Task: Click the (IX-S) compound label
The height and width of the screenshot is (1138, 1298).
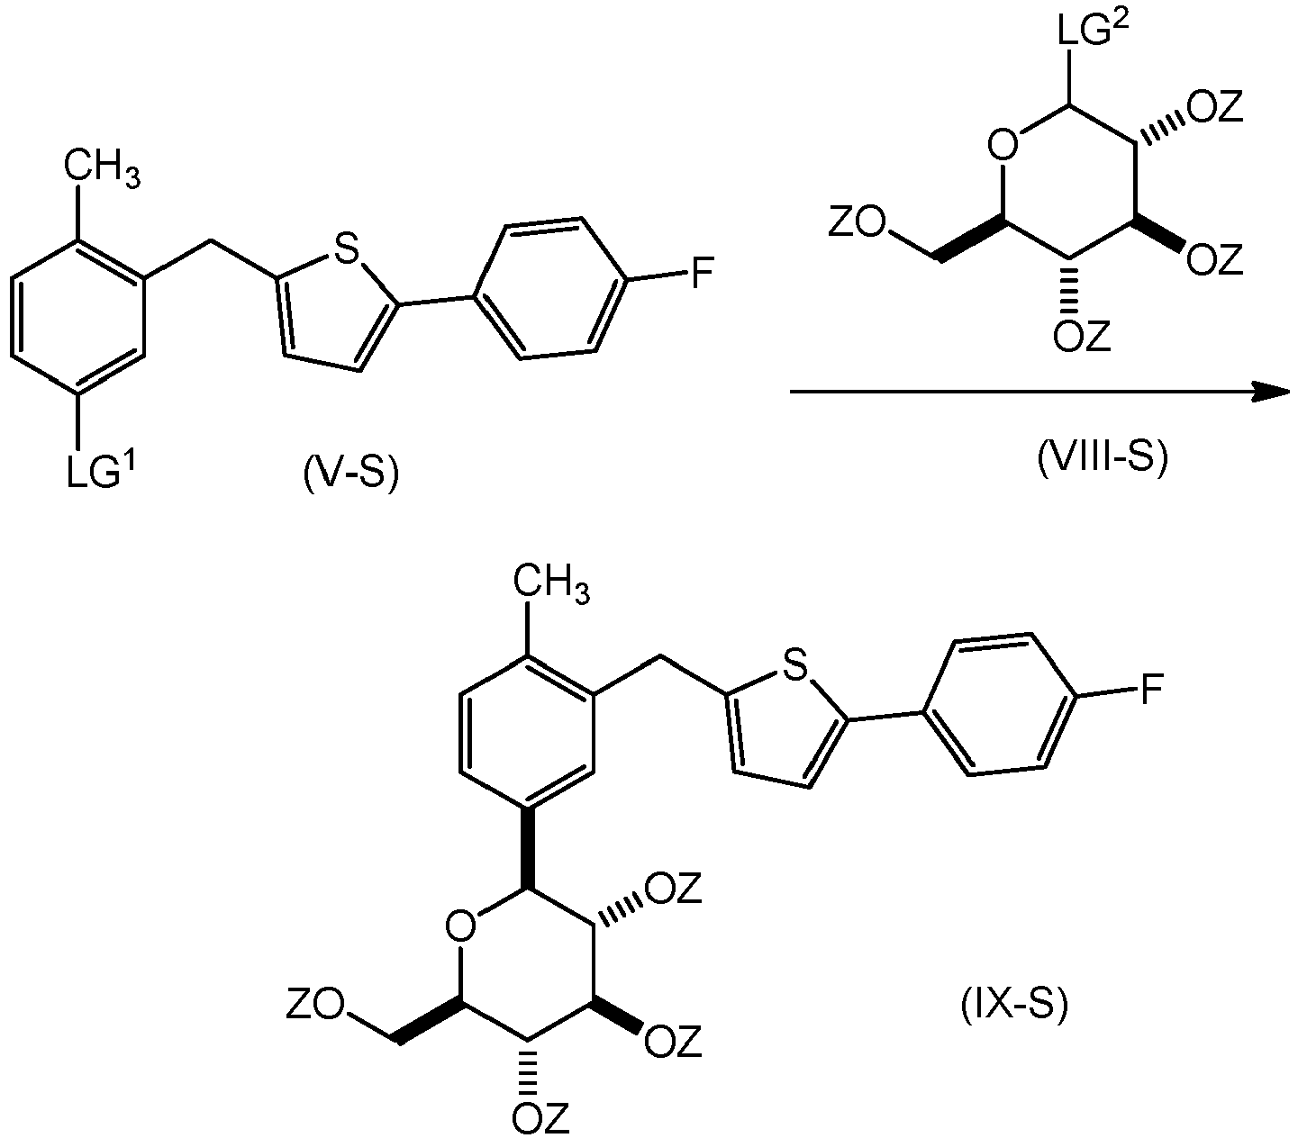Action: pyautogui.click(x=1014, y=1004)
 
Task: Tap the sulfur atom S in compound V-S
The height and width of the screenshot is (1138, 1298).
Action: pyautogui.click(x=346, y=248)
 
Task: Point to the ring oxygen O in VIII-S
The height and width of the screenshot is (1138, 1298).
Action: pyautogui.click(x=1003, y=146)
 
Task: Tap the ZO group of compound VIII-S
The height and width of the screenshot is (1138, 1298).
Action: pyautogui.click(x=858, y=221)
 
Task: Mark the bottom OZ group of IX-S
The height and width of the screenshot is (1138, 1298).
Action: pyautogui.click(x=541, y=1118)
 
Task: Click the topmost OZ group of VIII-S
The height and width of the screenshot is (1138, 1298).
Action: pyautogui.click(x=1215, y=105)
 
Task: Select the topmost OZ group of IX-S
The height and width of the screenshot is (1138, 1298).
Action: pyautogui.click(x=674, y=889)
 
